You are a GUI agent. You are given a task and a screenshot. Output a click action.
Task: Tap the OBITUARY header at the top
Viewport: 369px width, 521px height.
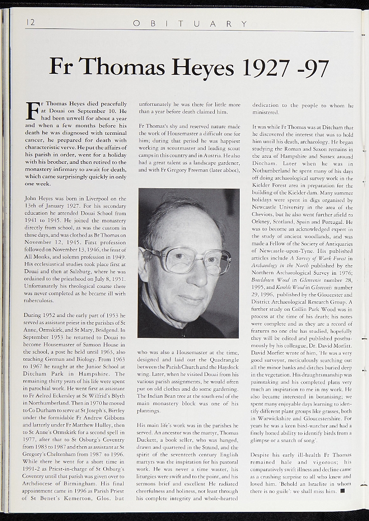(190, 23)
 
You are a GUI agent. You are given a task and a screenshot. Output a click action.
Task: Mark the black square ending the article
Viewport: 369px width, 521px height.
(342, 491)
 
